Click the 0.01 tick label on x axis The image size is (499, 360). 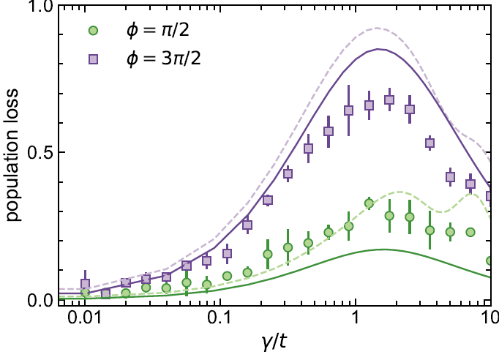[x=85, y=319]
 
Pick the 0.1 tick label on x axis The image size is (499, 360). [x=220, y=319]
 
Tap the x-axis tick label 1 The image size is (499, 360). [x=356, y=319]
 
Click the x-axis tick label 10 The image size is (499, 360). [x=489, y=319]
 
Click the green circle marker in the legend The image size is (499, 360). [x=91, y=31]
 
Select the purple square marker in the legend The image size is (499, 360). [x=91, y=59]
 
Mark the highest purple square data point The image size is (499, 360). [x=389, y=100]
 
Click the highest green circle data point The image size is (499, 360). [x=369, y=203]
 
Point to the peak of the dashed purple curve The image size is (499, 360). [x=377, y=29]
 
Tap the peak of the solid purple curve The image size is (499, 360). [x=379, y=49]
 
